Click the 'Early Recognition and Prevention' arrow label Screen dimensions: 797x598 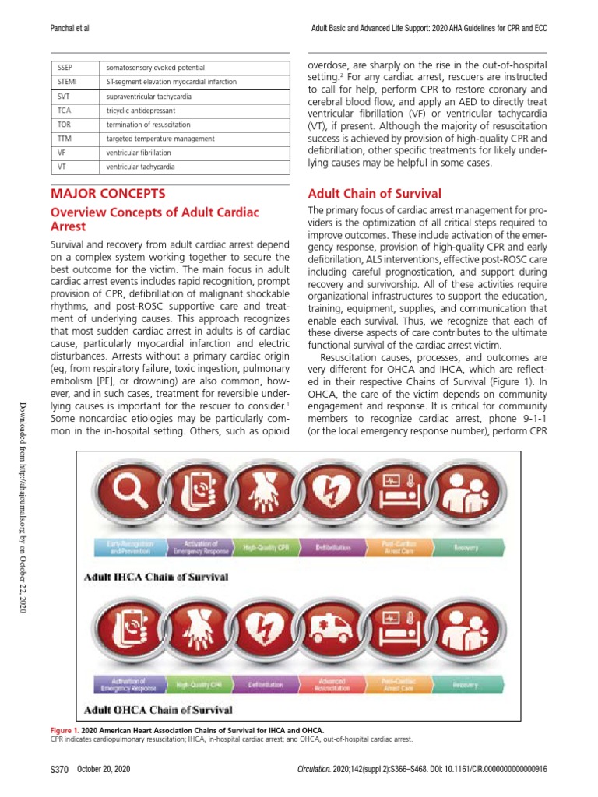[x=127, y=548]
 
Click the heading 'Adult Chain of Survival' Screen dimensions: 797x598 [x=375, y=194]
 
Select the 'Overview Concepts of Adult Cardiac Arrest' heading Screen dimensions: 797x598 [x=154, y=219]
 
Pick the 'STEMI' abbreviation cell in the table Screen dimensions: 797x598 [x=68, y=82]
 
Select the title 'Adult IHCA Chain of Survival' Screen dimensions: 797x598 [x=156, y=578]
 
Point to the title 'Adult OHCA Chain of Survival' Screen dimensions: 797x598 [x=158, y=710]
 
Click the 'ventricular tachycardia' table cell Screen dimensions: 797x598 [x=140, y=167]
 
